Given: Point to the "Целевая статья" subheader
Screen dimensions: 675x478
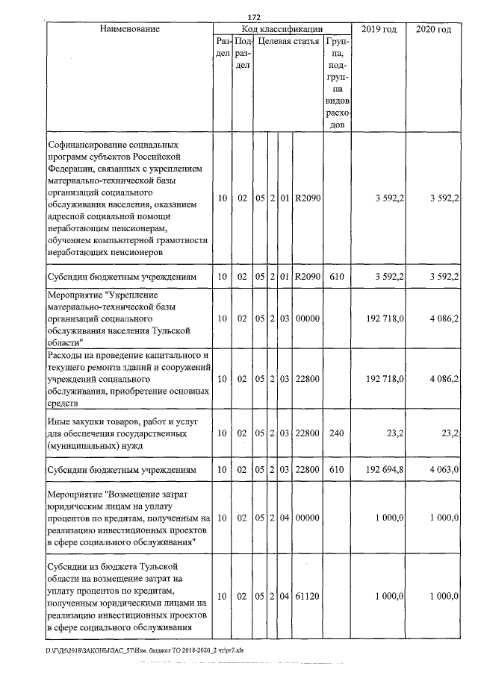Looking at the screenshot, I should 288,41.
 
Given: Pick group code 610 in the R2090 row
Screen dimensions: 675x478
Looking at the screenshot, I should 336,277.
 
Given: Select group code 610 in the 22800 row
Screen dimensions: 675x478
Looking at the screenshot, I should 336,471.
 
